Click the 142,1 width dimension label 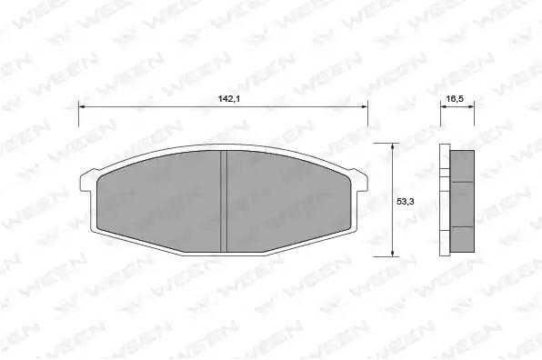[x=229, y=99]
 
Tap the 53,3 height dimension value [x=405, y=202]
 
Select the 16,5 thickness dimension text [x=455, y=99]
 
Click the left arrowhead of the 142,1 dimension [x=82, y=106]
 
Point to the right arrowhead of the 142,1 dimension [x=365, y=106]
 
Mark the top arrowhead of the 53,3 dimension [x=392, y=146]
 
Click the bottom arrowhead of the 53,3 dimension [x=392, y=254]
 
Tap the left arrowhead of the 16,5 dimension [x=444, y=106]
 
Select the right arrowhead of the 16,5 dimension [x=471, y=106]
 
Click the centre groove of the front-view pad [x=224, y=202]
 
